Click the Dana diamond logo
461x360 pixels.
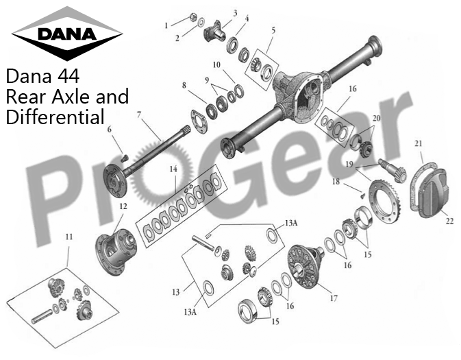point(67,33)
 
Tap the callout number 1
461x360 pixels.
point(165,25)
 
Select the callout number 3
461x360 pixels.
point(235,13)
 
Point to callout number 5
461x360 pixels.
point(273,30)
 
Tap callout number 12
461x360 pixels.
point(123,206)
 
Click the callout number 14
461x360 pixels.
point(174,169)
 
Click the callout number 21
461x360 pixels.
point(418,143)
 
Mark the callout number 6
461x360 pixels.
point(109,129)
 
